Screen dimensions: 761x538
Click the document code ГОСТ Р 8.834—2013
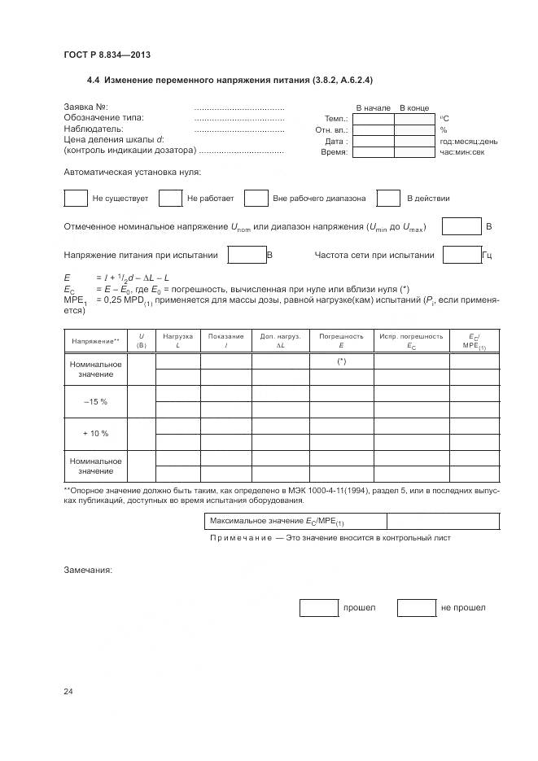pos(107,55)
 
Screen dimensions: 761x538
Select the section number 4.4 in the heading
pos(94,81)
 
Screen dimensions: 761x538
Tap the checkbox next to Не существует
pos(75,198)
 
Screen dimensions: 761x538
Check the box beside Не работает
pos(170,198)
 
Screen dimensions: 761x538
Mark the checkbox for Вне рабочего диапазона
pos(256,198)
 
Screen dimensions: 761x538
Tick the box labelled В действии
pos(388,198)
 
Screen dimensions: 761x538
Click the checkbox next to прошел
pos(318,607)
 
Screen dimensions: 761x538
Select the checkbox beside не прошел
pos(417,607)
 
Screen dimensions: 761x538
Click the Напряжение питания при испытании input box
pos(247,255)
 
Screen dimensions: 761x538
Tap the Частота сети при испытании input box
pos(461,255)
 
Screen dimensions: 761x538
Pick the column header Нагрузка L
pos(177,340)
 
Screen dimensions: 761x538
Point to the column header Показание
pos(225,340)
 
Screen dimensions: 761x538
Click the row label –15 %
pos(95,402)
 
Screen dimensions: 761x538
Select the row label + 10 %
pos(95,433)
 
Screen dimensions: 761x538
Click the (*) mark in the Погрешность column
pos(341,361)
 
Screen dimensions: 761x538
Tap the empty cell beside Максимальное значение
pos(443,521)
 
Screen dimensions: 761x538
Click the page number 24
pos(68,692)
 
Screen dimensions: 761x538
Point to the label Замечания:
pos(88,570)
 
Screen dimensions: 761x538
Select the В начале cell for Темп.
pos(374,119)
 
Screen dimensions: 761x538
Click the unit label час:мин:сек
pos(462,152)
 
